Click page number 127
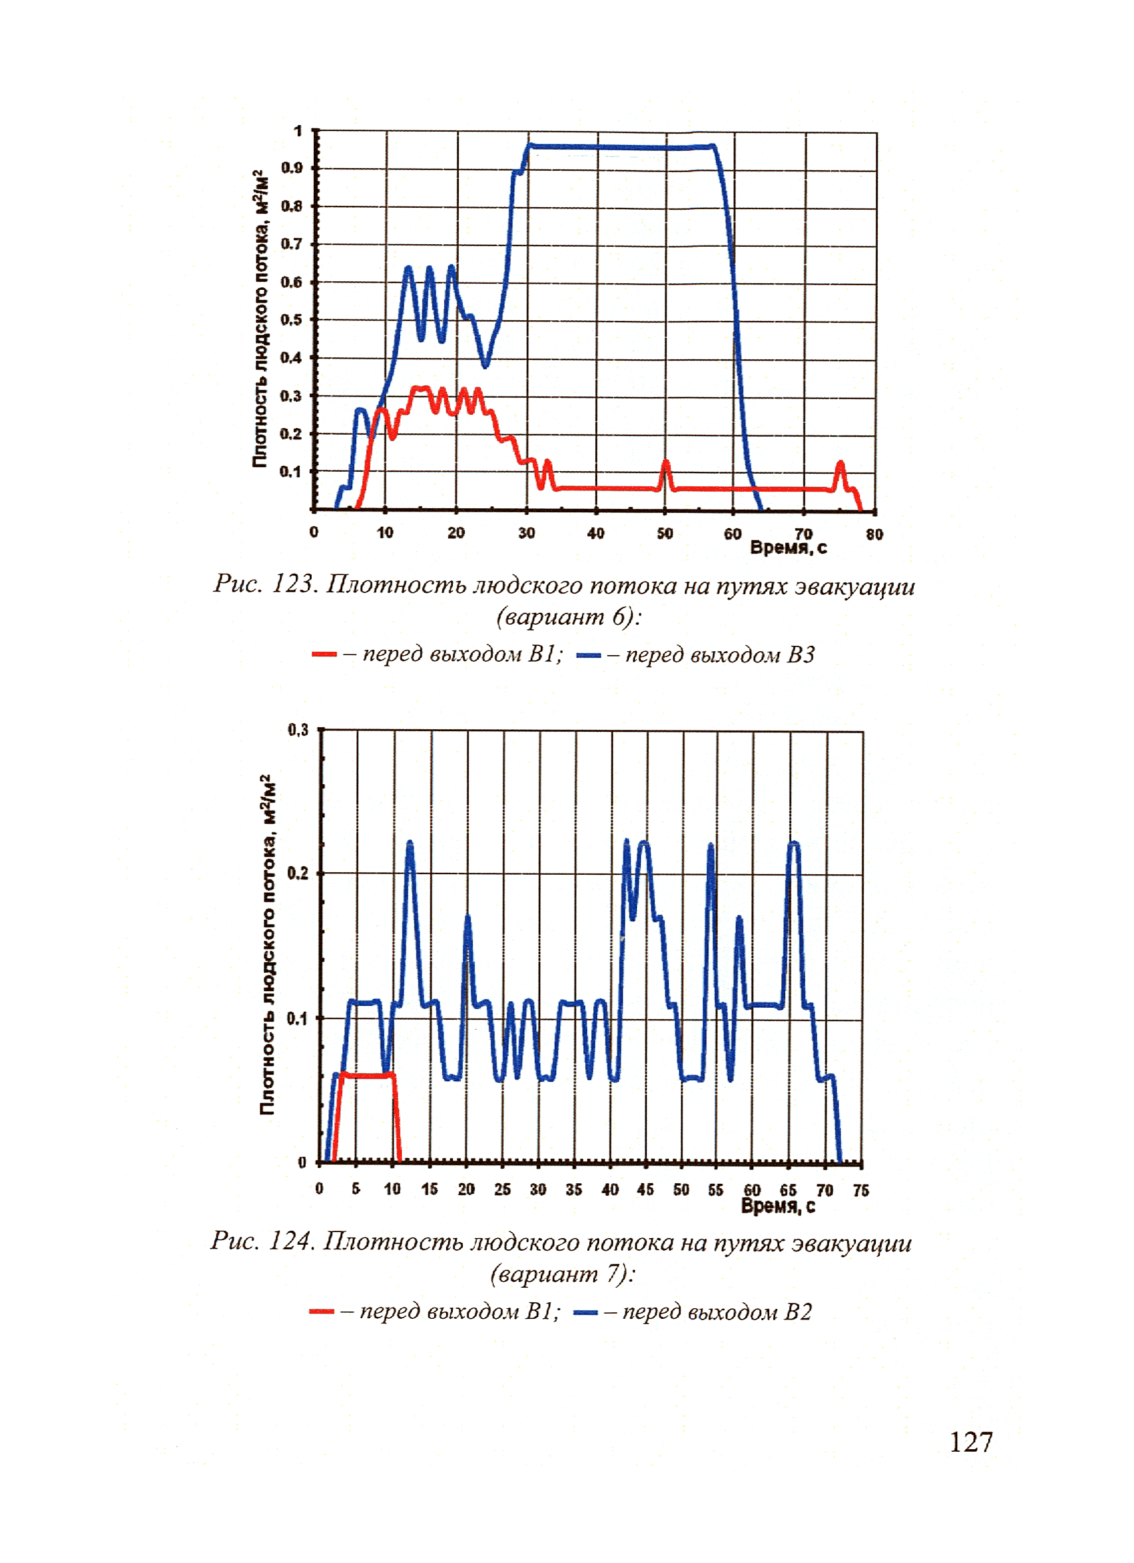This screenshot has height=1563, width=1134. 970,1442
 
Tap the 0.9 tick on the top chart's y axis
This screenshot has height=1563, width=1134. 291,168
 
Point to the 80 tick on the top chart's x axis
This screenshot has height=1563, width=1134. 873,534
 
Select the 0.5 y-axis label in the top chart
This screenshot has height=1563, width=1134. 291,320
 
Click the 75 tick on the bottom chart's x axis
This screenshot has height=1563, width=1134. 861,1190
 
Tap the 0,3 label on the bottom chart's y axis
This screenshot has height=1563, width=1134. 298,730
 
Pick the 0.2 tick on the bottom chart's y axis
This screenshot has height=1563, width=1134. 297,874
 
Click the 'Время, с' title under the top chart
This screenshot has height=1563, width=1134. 787,548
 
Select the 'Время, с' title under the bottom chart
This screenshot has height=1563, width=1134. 778,1206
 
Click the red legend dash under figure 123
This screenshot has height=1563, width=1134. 323,654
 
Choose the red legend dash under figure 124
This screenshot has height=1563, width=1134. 321,1311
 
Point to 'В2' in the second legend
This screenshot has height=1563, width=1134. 798,1311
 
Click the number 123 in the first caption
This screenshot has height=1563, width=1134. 293,584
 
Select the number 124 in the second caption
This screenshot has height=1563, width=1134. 290,1241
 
